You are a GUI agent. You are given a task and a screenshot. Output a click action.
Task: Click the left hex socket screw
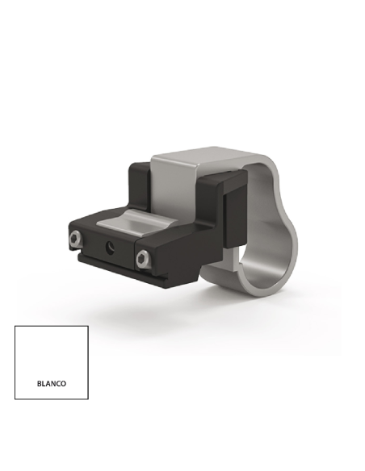[x=75, y=239]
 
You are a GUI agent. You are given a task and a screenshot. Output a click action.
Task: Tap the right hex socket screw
[x=142, y=259]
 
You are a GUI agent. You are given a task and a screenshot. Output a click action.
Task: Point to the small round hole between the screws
[x=110, y=248]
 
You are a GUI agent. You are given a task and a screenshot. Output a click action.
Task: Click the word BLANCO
[x=52, y=384]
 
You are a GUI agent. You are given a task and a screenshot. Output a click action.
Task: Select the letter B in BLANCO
[x=40, y=384]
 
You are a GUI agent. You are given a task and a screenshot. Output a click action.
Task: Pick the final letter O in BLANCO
[x=63, y=384]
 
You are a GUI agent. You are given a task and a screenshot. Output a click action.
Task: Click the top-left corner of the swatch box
[x=15, y=326]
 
